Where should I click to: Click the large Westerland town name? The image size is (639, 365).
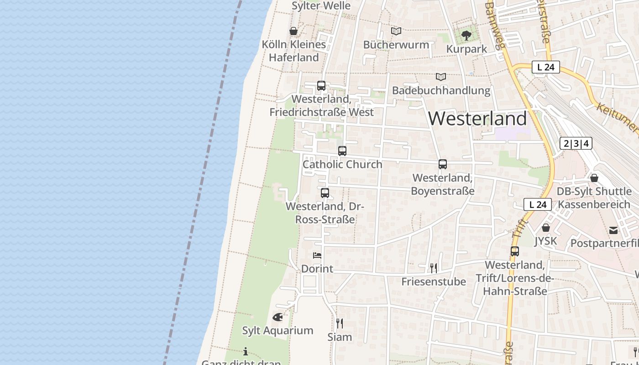pos(477,119)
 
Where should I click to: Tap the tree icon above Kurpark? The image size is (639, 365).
pos(466,35)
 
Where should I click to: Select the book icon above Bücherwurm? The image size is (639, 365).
pos(396,31)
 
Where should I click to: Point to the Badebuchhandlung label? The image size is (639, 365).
pos(441,90)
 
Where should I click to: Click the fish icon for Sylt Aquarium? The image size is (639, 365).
pos(278,317)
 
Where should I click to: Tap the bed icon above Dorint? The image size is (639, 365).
pos(317,255)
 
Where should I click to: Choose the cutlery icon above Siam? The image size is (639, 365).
pos(340,323)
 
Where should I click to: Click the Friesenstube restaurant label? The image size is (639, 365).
pos(434,282)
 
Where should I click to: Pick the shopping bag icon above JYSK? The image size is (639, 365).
pos(546,227)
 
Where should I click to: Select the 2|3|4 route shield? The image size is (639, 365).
pos(576,143)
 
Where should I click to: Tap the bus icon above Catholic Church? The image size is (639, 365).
pos(342,151)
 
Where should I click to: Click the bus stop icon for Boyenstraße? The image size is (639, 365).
pos(442,164)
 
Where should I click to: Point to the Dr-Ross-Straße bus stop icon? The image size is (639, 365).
pos(325,193)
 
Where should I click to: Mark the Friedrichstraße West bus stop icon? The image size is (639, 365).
pos(321,86)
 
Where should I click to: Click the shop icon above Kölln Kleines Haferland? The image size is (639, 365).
pos(293,31)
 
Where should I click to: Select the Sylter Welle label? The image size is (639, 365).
pos(321,6)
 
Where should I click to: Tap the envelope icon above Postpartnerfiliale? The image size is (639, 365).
pos(613,230)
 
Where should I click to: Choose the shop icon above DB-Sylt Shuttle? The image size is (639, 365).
pos(594,178)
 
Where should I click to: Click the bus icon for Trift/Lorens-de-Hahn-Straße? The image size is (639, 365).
pos(515,251)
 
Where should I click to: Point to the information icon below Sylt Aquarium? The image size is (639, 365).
pos(246,351)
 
